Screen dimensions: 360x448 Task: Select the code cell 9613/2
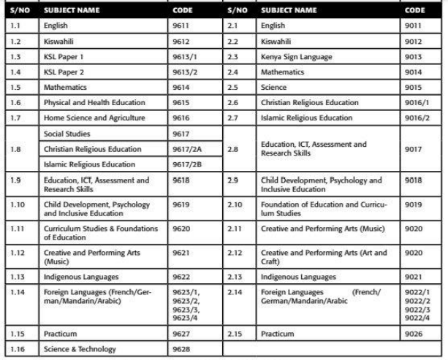click(x=183, y=72)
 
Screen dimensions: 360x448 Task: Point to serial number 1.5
click(x=15, y=87)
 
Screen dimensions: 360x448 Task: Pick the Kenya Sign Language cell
click(x=296, y=56)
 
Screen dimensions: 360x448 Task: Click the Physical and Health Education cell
click(x=83, y=102)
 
